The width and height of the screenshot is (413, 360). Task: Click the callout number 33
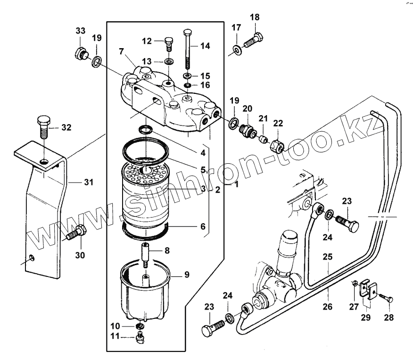80,31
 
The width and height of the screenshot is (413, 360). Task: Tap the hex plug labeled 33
81,53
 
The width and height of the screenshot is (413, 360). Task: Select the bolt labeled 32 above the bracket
43,126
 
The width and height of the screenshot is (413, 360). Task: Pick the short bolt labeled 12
168,43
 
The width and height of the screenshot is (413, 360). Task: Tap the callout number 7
121,50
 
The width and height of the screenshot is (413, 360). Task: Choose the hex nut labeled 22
277,145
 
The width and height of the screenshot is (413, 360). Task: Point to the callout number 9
187,274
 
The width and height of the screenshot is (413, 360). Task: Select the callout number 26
328,307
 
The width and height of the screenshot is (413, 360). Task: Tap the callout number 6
202,226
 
